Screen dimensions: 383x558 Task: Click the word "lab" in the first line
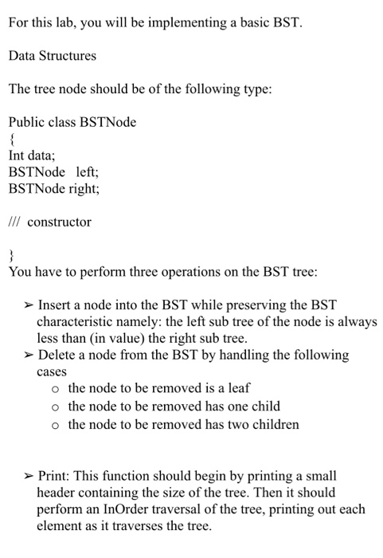point(66,22)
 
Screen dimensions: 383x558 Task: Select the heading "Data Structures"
point(52,56)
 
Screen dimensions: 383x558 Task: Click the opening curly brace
point(11,139)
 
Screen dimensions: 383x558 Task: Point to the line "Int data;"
point(32,156)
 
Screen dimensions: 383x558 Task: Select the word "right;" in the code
point(84,189)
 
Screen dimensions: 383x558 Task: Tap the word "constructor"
point(59,222)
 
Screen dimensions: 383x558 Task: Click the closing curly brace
point(11,255)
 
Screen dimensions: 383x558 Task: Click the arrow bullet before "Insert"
point(27,305)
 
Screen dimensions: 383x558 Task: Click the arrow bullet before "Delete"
point(27,355)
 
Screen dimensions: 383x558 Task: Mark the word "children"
point(276,423)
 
